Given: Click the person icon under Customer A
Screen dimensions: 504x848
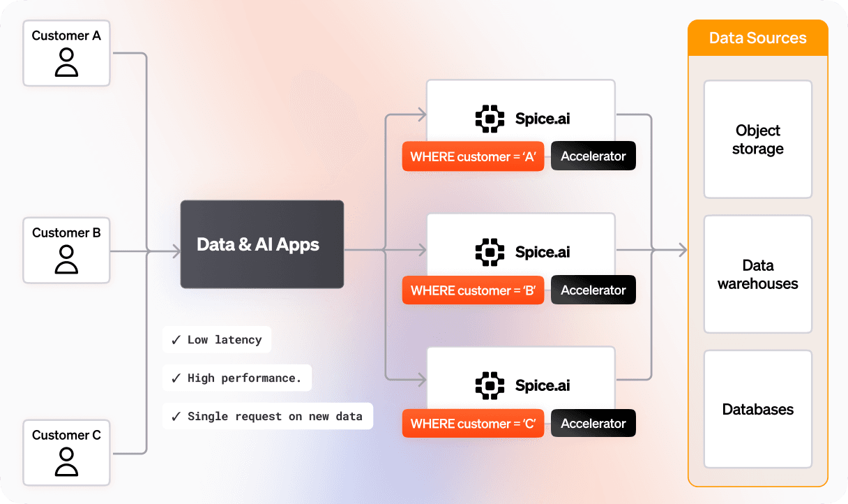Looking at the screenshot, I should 66,62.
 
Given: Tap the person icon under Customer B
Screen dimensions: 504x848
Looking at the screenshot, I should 66,260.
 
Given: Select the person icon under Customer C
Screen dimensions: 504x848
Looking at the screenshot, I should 66,462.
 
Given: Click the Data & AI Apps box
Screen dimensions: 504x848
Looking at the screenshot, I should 262,244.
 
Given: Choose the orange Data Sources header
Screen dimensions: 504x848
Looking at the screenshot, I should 757,38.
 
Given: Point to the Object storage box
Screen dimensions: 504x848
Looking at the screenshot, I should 757,140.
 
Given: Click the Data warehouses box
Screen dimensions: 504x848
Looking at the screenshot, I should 757,274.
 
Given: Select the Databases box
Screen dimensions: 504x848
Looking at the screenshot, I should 757,409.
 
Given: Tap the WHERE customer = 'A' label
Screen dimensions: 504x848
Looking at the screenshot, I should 473,156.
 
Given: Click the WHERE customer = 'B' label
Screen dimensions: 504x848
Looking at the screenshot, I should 473,290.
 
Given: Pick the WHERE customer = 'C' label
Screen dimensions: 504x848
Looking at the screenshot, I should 473,424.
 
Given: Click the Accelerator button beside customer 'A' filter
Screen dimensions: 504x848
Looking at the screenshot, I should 593,156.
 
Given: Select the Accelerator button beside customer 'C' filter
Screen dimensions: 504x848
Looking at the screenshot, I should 593,424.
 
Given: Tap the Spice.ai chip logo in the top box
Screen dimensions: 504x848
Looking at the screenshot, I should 490,119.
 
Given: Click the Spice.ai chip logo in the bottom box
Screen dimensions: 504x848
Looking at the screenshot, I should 490,385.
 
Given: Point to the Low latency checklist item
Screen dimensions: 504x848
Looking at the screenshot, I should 217,340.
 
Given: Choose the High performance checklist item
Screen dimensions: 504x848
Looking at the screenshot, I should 237,378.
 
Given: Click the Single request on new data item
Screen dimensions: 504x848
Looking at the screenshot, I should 268,417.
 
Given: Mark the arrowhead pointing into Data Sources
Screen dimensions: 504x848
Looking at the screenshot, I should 681,250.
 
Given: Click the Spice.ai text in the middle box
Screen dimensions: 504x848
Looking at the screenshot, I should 543,252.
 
